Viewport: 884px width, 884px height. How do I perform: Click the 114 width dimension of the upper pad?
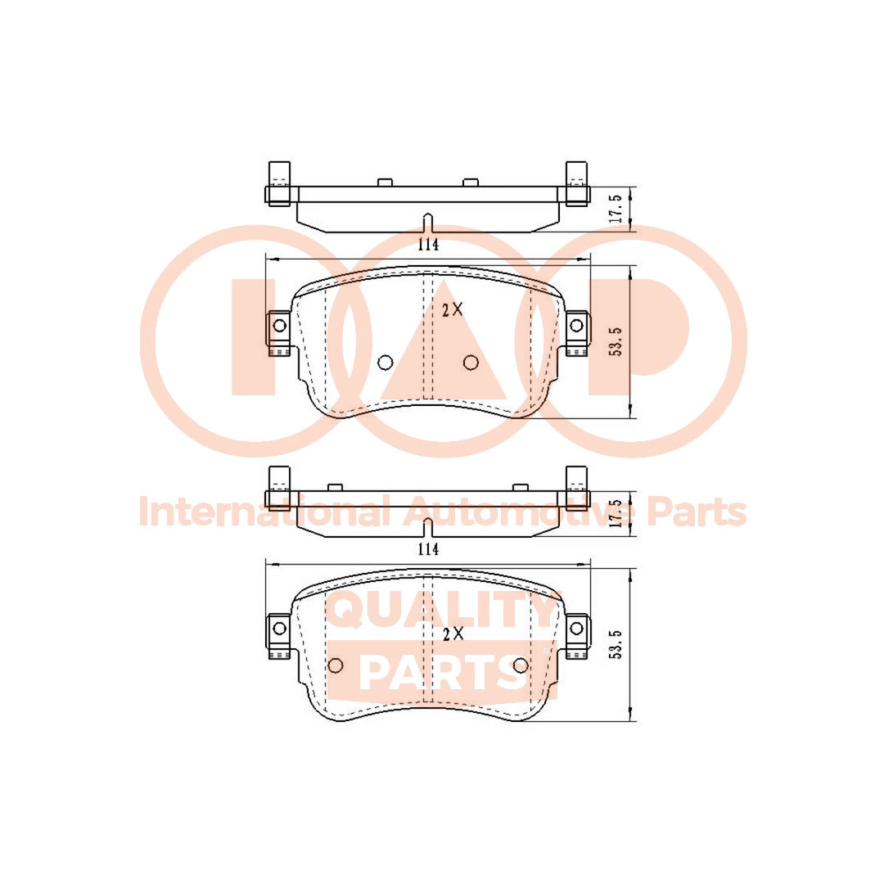[428, 245]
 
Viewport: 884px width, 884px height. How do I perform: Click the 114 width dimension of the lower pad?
[428, 548]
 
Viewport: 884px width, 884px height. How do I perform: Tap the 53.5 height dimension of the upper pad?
[616, 341]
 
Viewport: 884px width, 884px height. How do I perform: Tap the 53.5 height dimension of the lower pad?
[616, 644]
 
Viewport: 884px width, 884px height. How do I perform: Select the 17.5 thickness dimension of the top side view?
[616, 209]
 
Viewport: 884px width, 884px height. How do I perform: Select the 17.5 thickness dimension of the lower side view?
[616, 512]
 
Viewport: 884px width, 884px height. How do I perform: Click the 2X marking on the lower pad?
[453, 634]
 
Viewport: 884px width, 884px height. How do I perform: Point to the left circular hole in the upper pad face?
[385, 363]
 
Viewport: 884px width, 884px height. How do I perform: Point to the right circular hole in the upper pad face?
[471, 363]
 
